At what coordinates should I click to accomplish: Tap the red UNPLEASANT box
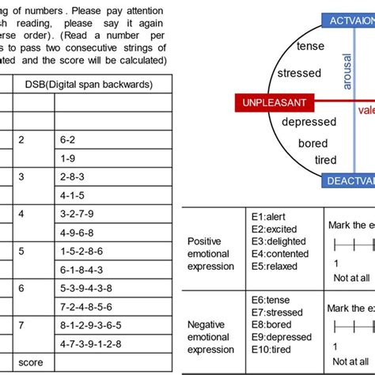coord(276,100)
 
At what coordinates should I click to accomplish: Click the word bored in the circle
coord(312,143)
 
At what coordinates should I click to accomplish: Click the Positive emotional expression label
coord(210,253)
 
